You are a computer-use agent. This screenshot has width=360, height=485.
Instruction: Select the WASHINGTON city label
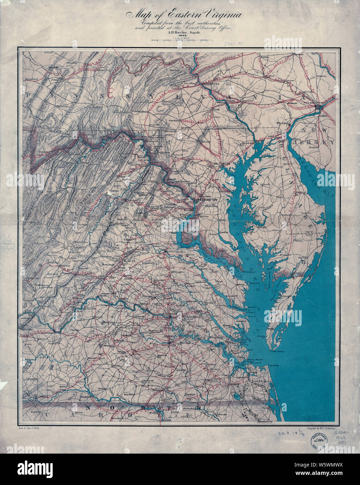(x=207, y=200)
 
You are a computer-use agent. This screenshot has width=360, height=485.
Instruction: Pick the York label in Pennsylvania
(x=216, y=109)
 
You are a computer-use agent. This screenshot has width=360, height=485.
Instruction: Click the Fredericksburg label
(x=181, y=252)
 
